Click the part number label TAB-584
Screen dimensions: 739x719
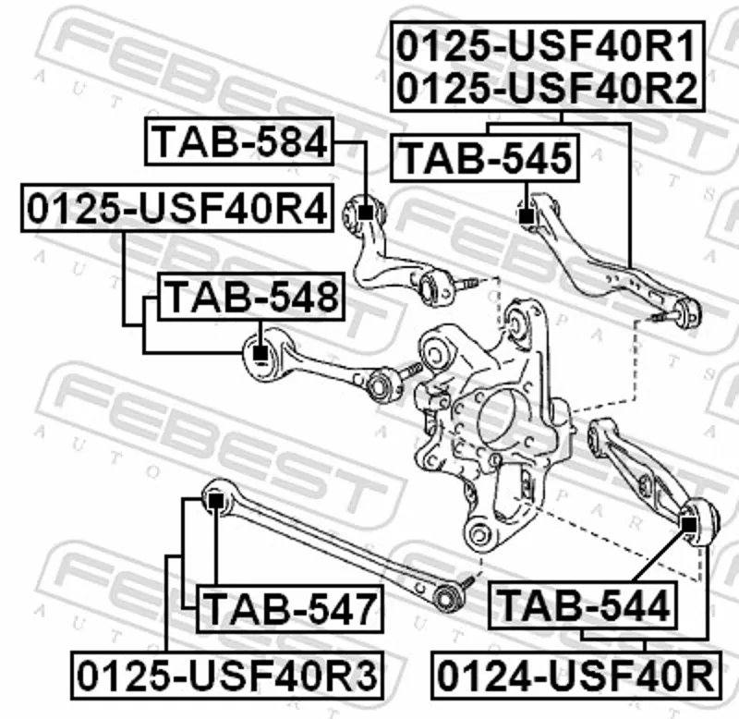pyautogui.click(x=239, y=141)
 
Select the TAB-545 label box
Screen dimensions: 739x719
pyautogui.click(x=485, y=158)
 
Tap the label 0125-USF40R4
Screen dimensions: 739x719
pyautogui.click(x=177, y=208)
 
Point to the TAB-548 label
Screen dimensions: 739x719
pyautogui.click(x=251, y=297)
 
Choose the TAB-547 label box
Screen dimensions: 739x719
pyautogui.click(x=290, y=609)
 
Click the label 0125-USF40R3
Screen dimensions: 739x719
pyautogui.click(x=227, y=676)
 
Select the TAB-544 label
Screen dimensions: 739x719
pyautogui.click(x=583, y=605)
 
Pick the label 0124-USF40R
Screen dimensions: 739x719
pyautogui.click(x=575, y=676)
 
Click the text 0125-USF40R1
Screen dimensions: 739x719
pyautogui.click(x=547, y=45)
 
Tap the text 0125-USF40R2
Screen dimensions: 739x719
pyautogui.click(x=547, y=88)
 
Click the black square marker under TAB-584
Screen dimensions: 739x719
pyautogui.click(x=366, y=213)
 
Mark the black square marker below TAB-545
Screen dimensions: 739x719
pyautogui.click(x=526, y=216)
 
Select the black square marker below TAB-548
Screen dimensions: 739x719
pyautogui.click(x=260, y=353)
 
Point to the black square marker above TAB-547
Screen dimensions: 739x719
pyautogui.click(x=215, y=501)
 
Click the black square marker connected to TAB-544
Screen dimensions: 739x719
pyautogui.click(x=689, y=524)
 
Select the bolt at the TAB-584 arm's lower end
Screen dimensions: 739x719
pyautogui.click(x=466, y=285)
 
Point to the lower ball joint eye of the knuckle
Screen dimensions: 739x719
pyautogui.click(x=479, y=534)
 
